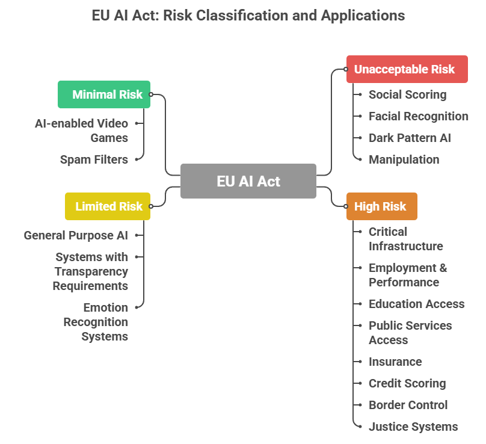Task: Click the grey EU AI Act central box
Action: pos(248,181)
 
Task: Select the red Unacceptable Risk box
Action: pos(407,69)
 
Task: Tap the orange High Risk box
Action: pos(381,206)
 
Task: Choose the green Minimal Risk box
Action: pos(104,94)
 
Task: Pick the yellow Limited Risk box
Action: pos(108,206)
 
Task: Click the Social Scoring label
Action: pos(407,94)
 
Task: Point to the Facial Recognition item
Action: pos(418,116)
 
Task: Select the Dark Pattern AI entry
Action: pos(410,138)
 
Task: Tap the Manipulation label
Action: pos(404,159)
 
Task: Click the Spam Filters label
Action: pos(94,159)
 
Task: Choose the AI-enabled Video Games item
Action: pos(81,131)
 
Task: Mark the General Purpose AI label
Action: pos(76,235)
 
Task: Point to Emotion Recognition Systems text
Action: pos(96,322)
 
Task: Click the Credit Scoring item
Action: pos(407,383)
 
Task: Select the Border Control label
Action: pos(408,405)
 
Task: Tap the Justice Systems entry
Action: pos(413,427)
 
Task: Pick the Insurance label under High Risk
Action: pos(395,362)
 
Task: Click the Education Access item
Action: pos(416,304)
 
